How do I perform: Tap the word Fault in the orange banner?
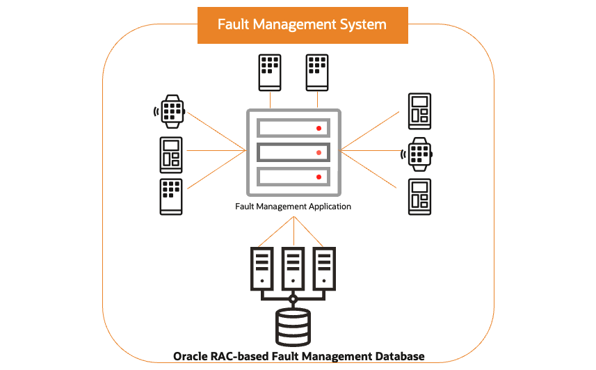point(234,24)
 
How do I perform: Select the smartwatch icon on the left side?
point(172,111)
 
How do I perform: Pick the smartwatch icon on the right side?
point(419,154)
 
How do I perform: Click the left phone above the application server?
point(271,72)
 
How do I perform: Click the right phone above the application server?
point(317,72)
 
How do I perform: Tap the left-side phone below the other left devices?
point(171,196)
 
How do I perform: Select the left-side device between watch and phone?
point(171,154)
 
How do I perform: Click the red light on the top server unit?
point(319,128)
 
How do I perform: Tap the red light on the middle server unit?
point(319,152)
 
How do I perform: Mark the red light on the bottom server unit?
point(319,177)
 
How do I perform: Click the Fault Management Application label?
point(292,207)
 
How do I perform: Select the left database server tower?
point(261,269)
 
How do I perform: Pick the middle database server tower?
point(293,269)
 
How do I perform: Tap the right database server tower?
point(325,269)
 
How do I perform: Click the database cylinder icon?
point(293,327)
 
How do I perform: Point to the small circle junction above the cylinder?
point(293,300)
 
